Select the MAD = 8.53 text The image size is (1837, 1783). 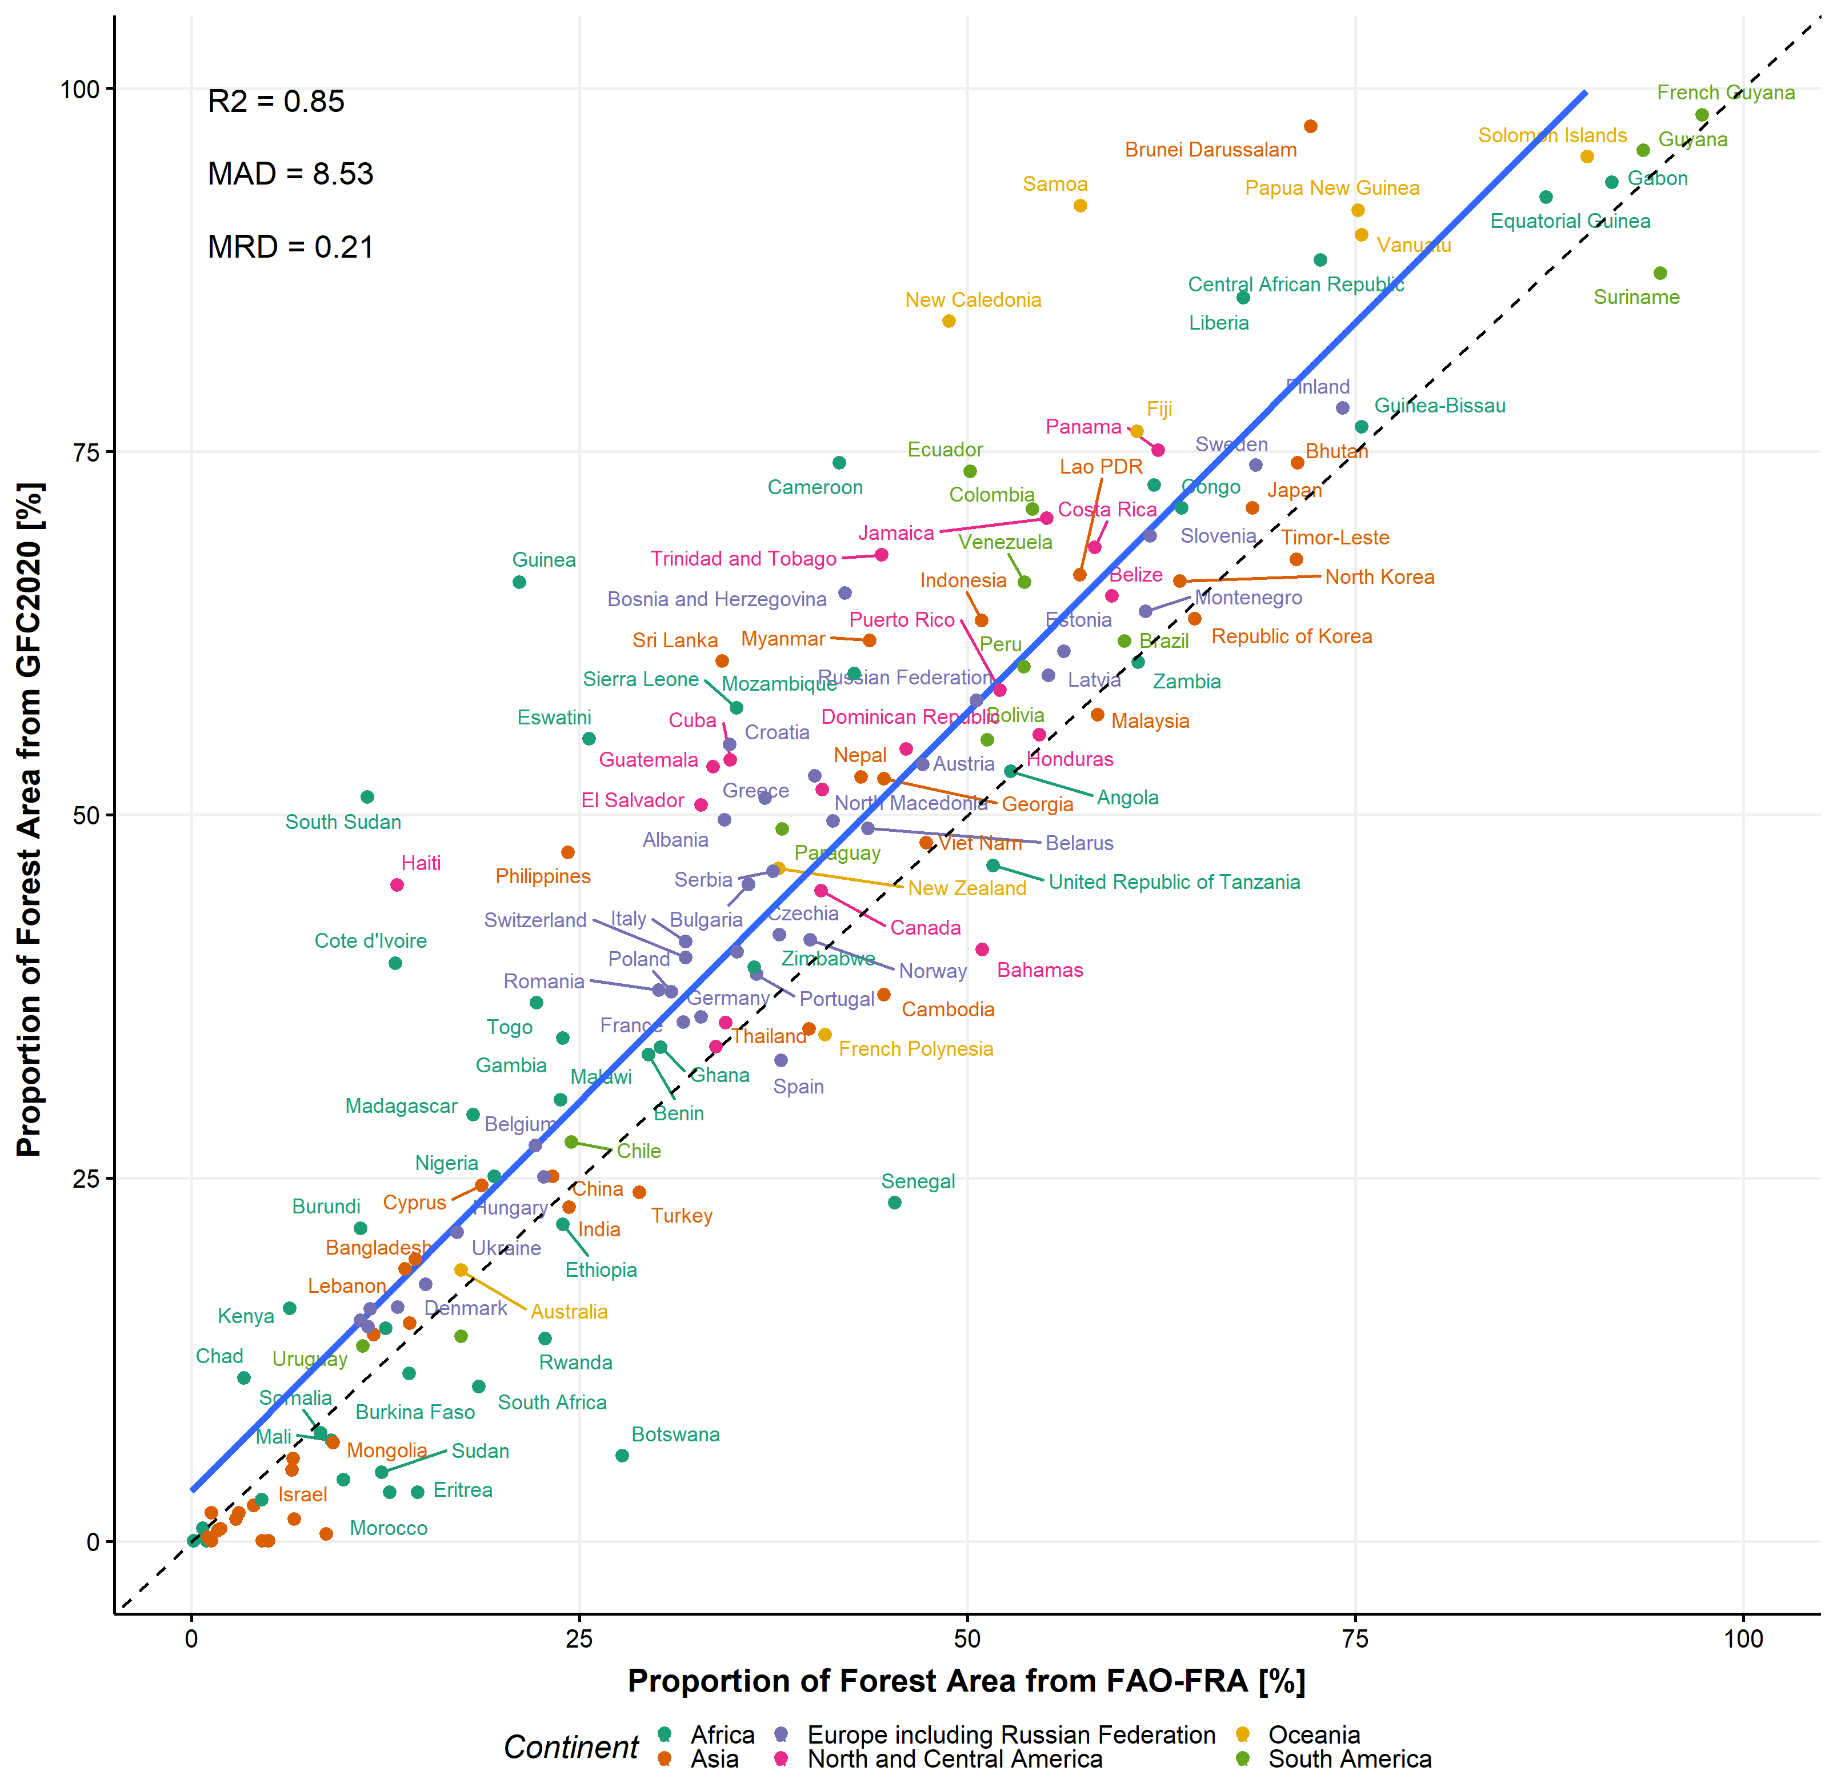tap(290, 174)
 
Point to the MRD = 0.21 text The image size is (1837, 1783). tap(290, 247)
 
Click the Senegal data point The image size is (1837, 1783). tap(894, 1202)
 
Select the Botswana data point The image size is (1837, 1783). tap(622, 1455)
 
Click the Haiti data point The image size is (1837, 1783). tap(397, 884)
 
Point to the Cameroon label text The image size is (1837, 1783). tap(814, 487)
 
